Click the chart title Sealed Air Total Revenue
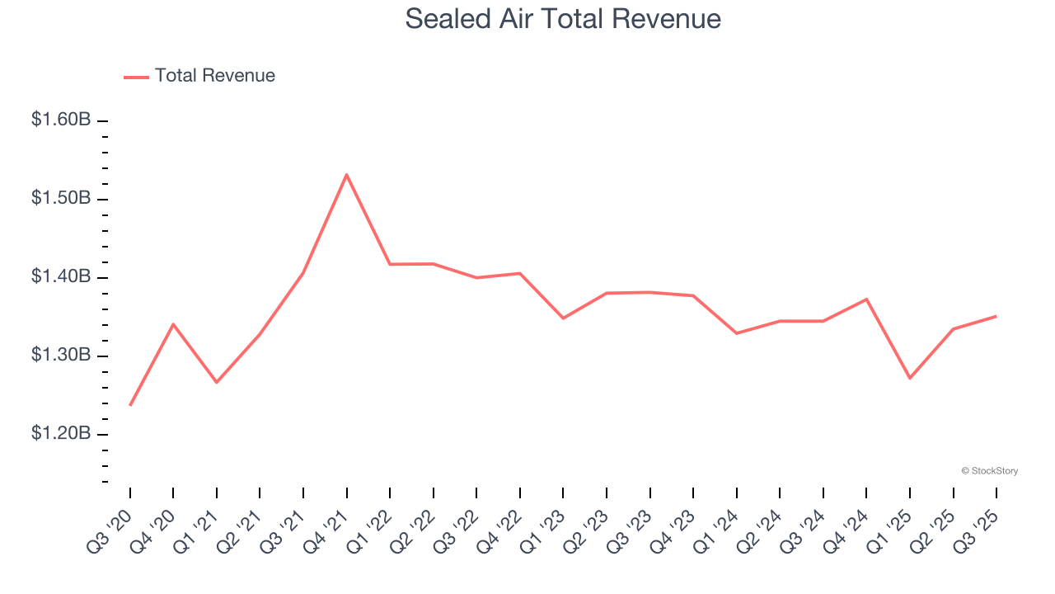click(563, 19)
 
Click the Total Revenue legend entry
click(199, 76)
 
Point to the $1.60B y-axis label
click(61, 120)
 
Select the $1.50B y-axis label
click(61, 198)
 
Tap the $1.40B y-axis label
click(61, 276)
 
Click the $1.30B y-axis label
click(61, 355)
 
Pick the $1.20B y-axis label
click(61, 433)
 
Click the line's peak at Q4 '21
click(347, 174)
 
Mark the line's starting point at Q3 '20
click(130, 405)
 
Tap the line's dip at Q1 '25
click(910, 378)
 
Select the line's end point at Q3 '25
click(996, 316)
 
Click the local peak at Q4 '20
click(173, 323)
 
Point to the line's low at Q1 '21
click(217, 382)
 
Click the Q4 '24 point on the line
click(866, 299)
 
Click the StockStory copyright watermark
click(989, 471)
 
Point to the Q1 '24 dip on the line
click(736, 333)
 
